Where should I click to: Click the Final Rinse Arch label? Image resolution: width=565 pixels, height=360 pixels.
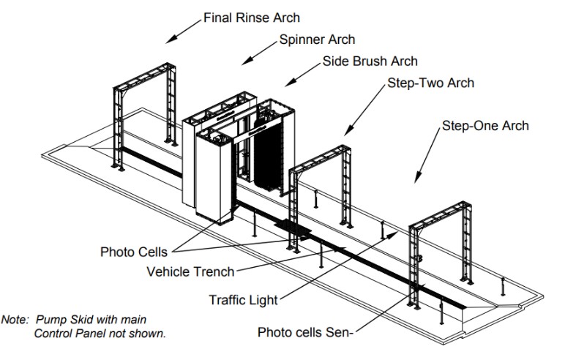(251, 16)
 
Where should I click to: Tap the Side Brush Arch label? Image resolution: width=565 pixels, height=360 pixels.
(370, 61)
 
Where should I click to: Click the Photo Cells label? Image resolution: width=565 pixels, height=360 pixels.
(133, 252)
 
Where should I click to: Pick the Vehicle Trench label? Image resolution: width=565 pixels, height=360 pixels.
(190, 271)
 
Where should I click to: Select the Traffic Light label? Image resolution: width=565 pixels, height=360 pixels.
(243, 299)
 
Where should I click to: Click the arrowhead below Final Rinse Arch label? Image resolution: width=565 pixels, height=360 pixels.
(170, 40)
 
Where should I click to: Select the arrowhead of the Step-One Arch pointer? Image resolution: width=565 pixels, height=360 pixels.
(417, 180)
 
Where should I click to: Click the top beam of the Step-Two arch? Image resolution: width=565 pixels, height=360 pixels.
(321, 159)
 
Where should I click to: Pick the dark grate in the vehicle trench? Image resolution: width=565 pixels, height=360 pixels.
(294, 233)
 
